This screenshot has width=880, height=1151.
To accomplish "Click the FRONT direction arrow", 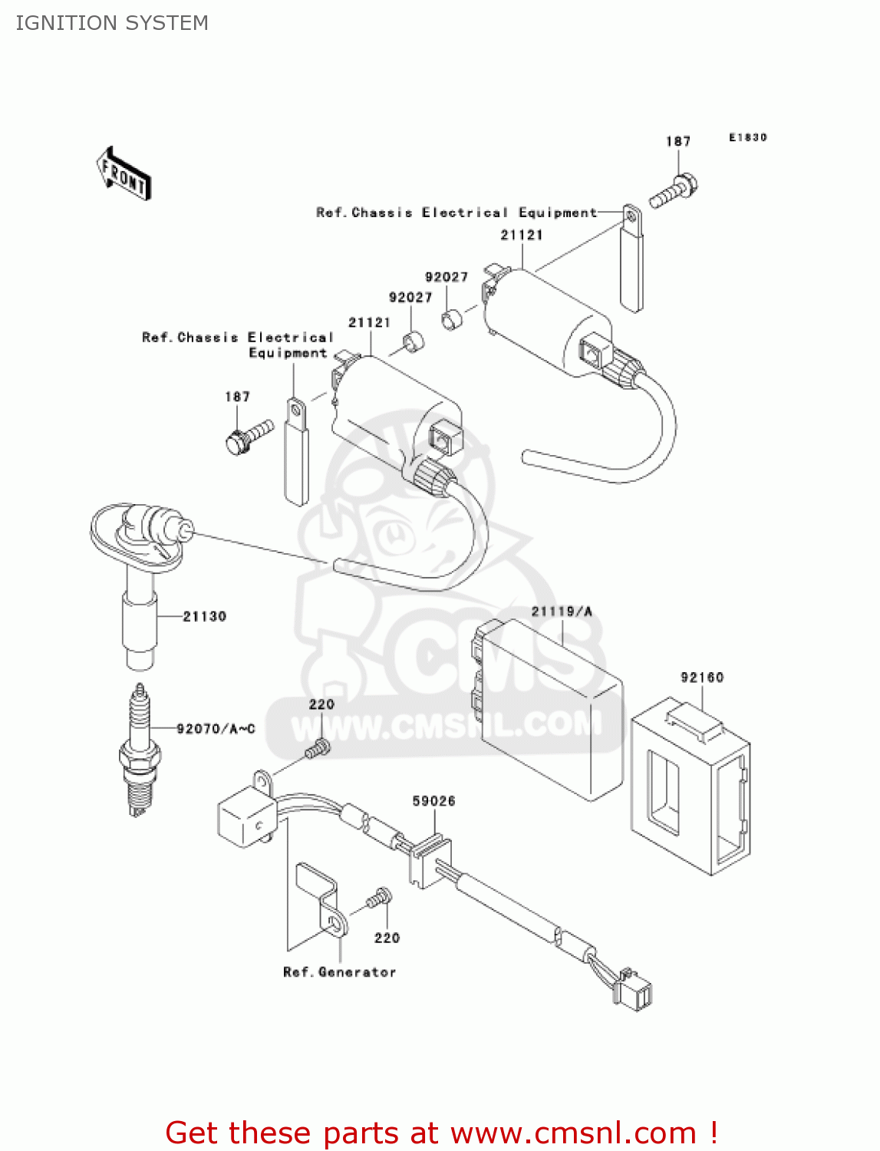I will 124,173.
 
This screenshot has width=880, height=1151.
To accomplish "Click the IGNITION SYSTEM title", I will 112,23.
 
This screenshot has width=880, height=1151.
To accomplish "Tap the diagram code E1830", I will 747,137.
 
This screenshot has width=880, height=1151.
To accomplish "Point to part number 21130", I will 204,616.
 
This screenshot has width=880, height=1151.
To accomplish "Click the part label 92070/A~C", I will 216,728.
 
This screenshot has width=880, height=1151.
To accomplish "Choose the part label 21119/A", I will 562,612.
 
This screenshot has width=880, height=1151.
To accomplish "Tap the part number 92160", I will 701,677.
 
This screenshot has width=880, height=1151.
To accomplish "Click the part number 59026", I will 433,801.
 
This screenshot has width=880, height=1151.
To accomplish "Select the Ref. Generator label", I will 339,972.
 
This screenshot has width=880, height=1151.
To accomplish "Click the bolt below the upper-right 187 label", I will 674,192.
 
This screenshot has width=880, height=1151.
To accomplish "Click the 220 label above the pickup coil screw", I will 321,704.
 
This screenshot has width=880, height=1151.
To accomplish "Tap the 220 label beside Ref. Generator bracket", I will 387,938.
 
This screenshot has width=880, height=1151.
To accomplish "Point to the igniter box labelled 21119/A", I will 549,706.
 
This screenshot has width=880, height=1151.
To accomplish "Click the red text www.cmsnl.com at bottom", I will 572,1133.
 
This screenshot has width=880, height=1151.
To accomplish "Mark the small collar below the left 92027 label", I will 414,341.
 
